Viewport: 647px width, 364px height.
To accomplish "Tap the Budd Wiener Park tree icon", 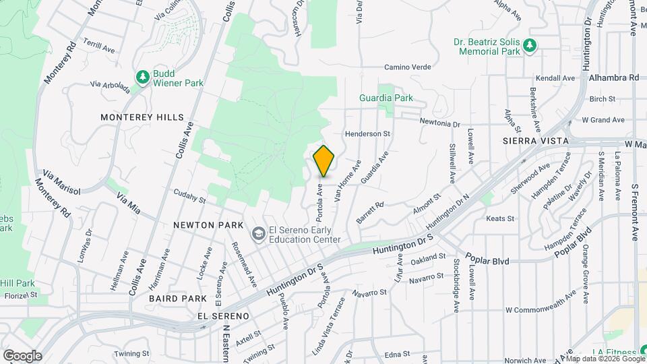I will pyautogui.click(x=142, y=78).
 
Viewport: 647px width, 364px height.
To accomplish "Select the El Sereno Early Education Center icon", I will pyautogui.click(x=257, y=234).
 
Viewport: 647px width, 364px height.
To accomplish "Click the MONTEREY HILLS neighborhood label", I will pyautogui.click(x=142, y=117).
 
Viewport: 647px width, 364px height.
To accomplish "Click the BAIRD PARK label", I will pyautogui.click(x=178, y=298).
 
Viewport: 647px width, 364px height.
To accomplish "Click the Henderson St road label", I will pyautogui.click(x=367, y=133).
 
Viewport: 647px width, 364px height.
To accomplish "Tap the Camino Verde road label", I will pyautogui.click(x=407, y=67).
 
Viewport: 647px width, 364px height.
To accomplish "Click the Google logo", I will pyautogui.click(x=22, y=355).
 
